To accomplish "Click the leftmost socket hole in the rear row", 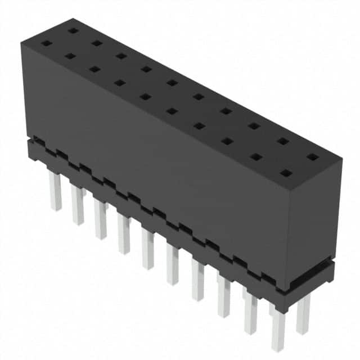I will click(73, 30).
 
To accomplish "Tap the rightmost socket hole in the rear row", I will click(312, 156).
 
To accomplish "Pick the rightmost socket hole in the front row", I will click(285, 173).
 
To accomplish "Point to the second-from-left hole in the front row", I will click(70, 56).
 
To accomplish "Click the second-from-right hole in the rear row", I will click(283, 141).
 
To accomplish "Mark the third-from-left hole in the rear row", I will click(121, 56).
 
